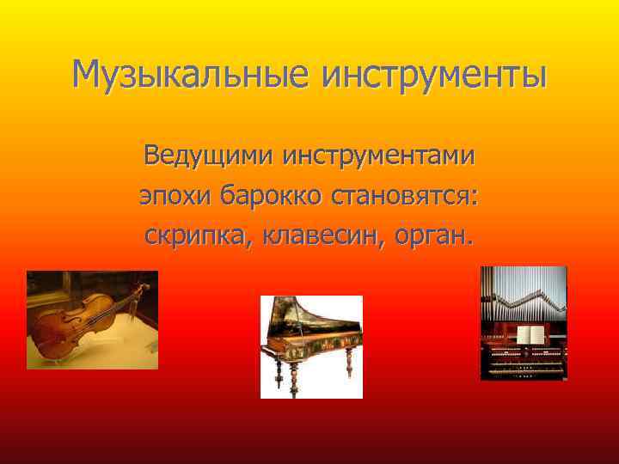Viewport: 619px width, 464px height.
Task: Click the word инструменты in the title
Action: pos(434,75)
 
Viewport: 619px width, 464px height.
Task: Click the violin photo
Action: pos(92,320)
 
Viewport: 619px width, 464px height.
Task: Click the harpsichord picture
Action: pos(311,346)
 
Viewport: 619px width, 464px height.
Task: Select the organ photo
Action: pos(524,323)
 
